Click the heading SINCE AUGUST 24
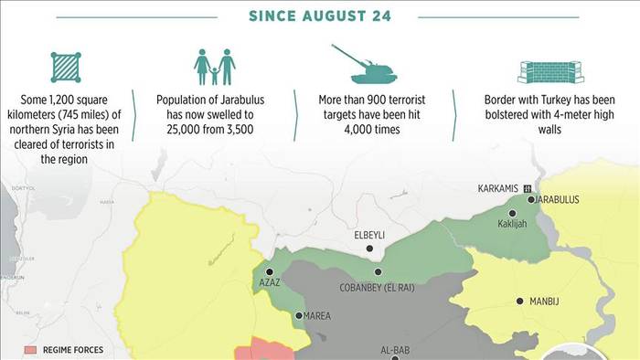coord(319,16)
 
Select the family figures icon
coord(215,68)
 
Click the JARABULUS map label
coord(559,199)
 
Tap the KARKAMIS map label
coord(497,188)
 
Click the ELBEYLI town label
coord(369,235)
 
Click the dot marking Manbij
coord(520,301)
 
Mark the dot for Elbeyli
coord(369,249)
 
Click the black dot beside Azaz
coord(269,271)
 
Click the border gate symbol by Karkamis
coord(528,188)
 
